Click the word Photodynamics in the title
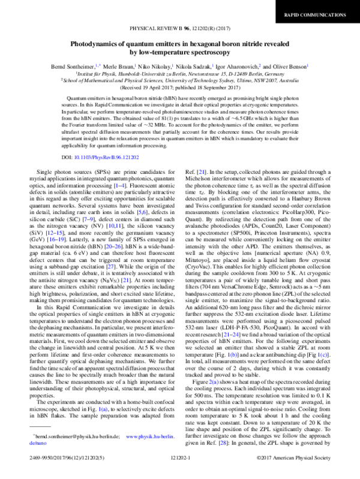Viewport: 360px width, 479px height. (97, 44)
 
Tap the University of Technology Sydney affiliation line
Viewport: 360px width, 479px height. (179, 79)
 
